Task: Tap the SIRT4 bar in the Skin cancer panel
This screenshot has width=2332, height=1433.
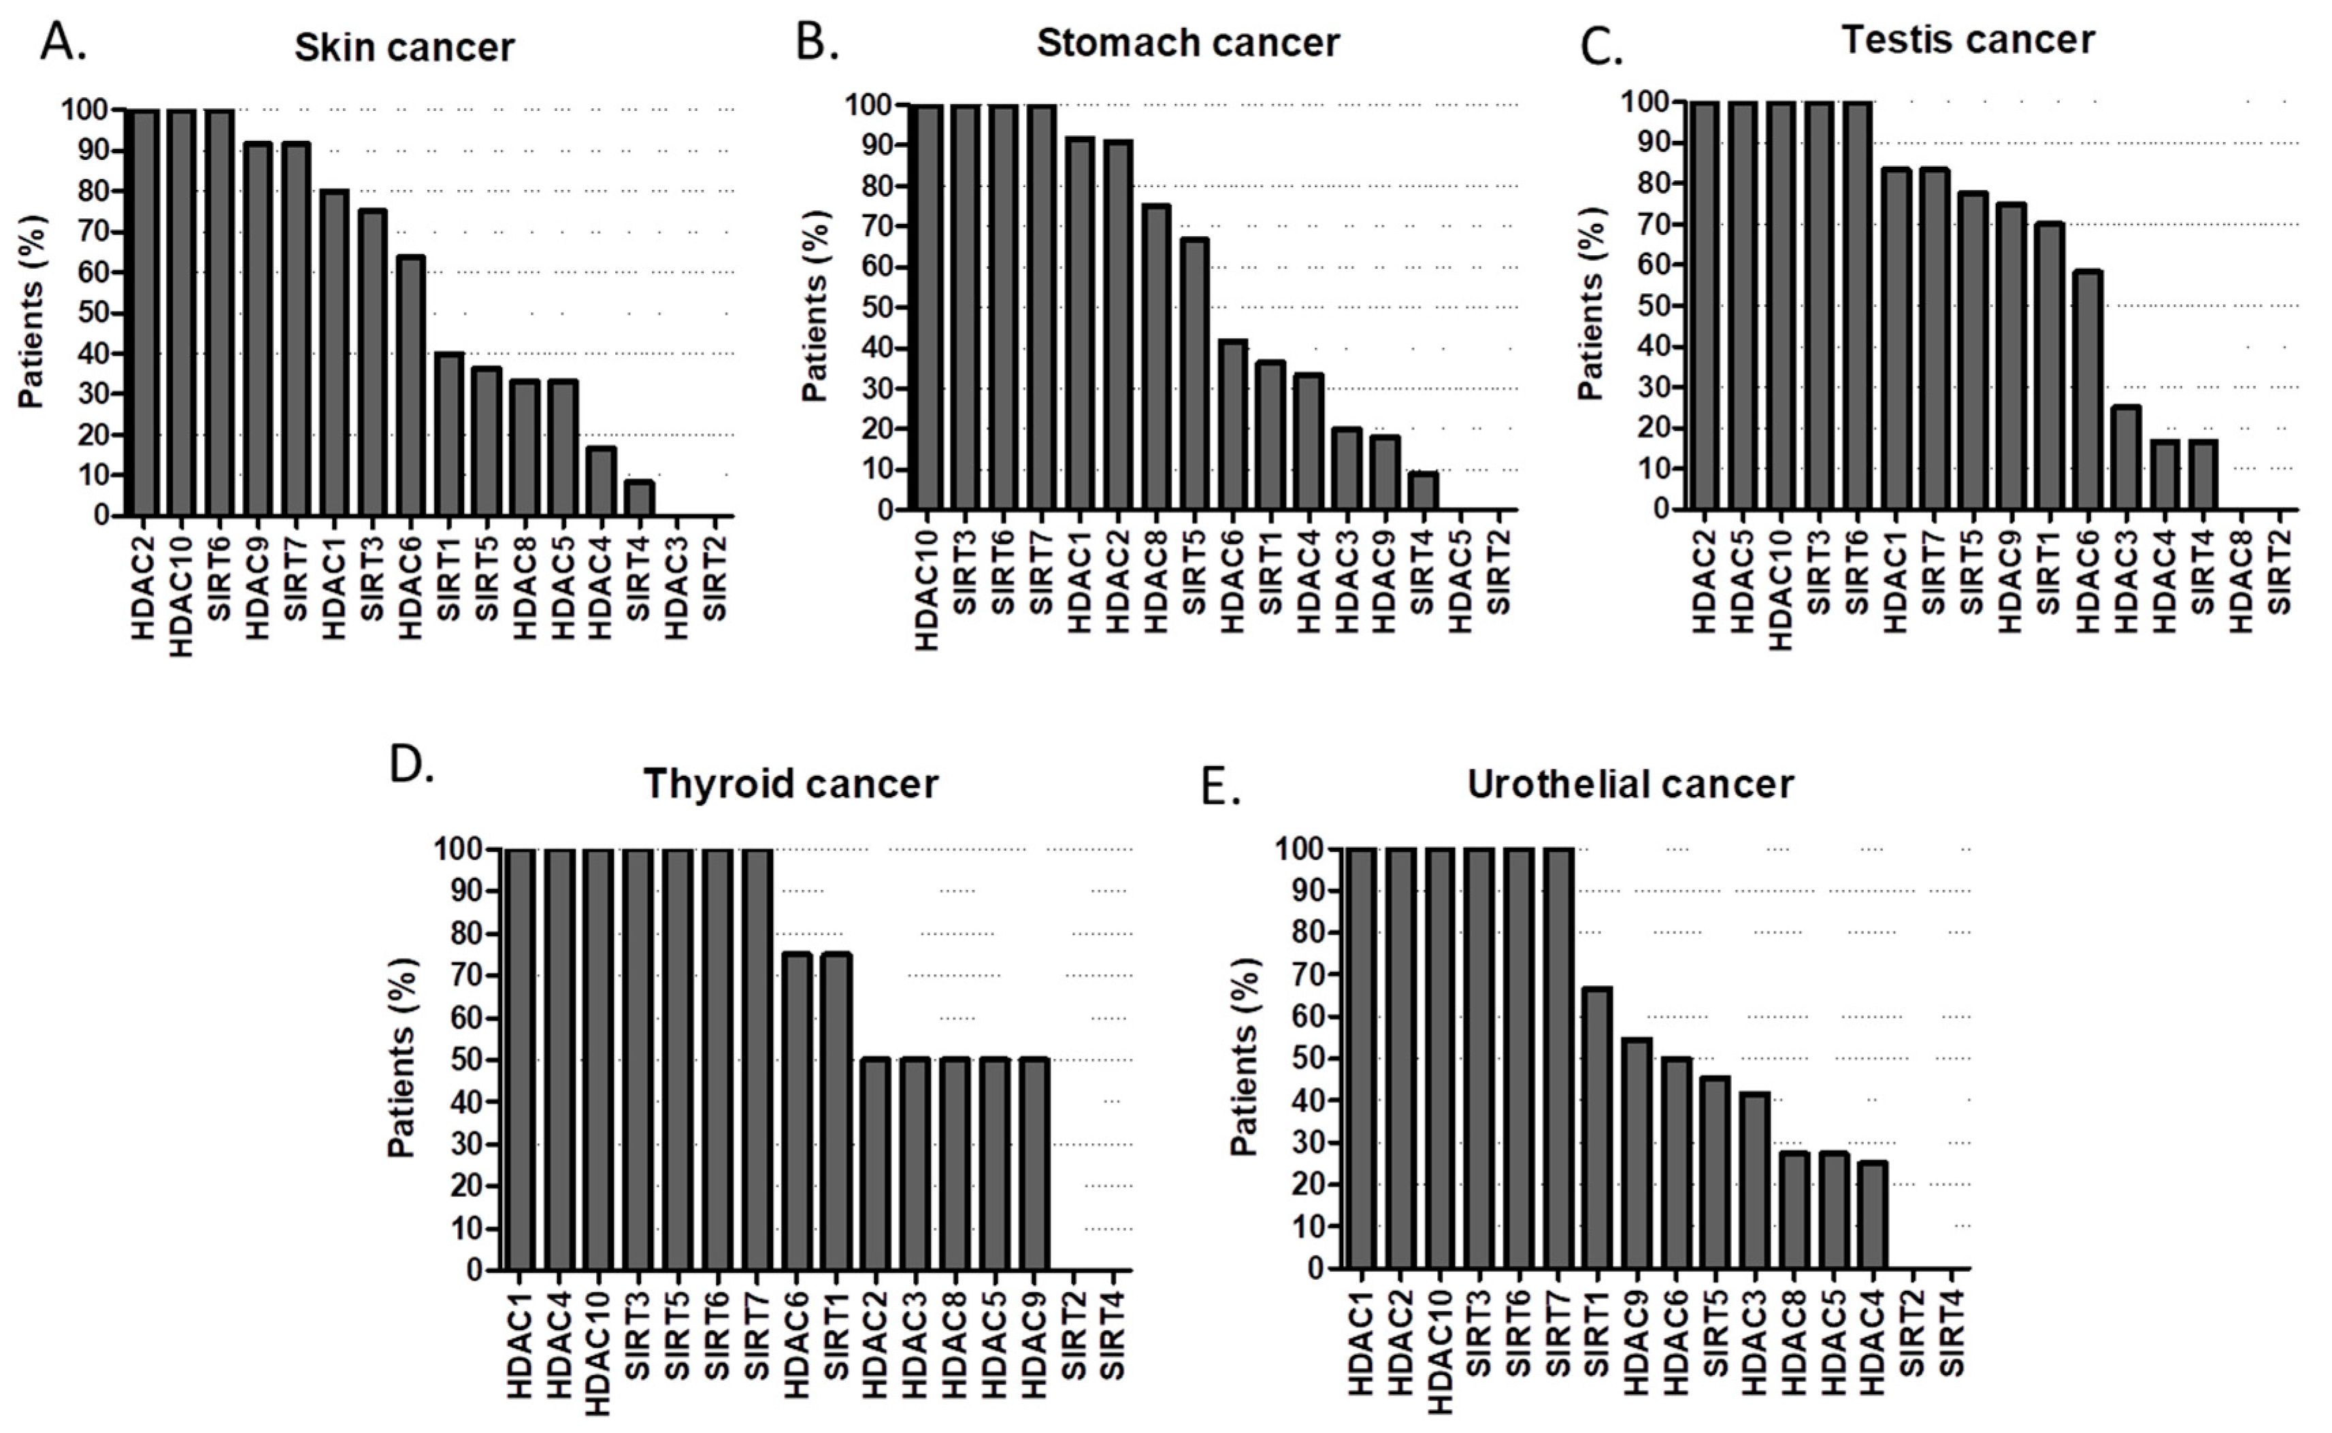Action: pyautogui.click(x=640, y=499)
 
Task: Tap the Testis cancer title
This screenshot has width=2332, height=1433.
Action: pyautogui.click(x=1967, y=39)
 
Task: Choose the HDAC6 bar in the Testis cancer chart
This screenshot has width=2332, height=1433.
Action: pyautogui.click(x=2088, y=391)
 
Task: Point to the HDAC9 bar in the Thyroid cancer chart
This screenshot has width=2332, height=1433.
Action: pyautogui.click(x=1034, y=1165)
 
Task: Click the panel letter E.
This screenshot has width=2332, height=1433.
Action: pyautogui.click(x=1221, y=787)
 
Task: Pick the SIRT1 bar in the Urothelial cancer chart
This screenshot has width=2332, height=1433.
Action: pyautogui.click(x=1596, y=1128)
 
